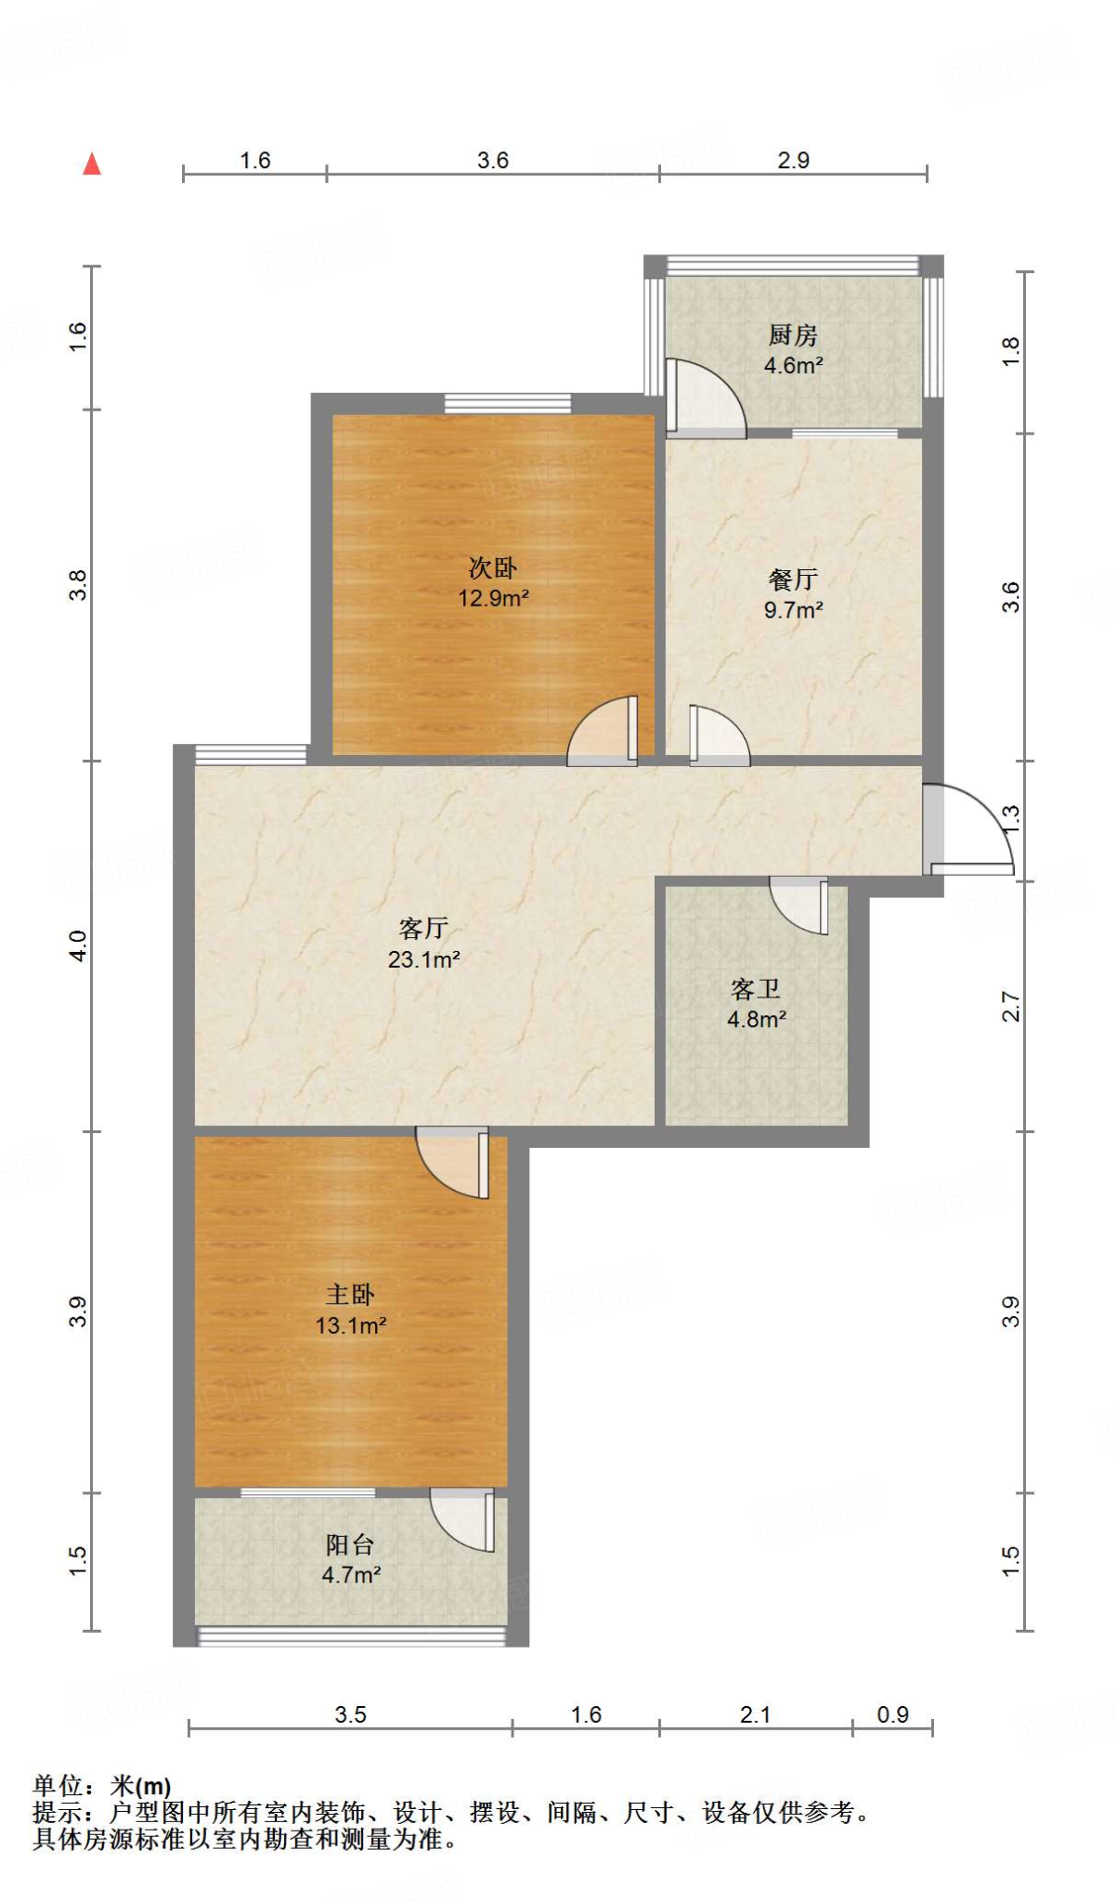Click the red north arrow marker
point(91,164)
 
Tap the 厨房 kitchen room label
point(793,334)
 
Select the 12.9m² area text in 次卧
point(493,598)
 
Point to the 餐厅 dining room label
point(793,580)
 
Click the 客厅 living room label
point(423,928)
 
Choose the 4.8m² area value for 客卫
point(757,1020)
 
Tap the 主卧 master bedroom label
point(350,1294)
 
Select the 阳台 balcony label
point(350,1544)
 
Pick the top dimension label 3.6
point(493,161)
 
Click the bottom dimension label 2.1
point(755,1714)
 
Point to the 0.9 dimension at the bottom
point(892,1714)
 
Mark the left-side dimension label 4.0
point(78,945)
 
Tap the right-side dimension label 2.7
point(1010,1006)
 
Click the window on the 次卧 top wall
point(507,403)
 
